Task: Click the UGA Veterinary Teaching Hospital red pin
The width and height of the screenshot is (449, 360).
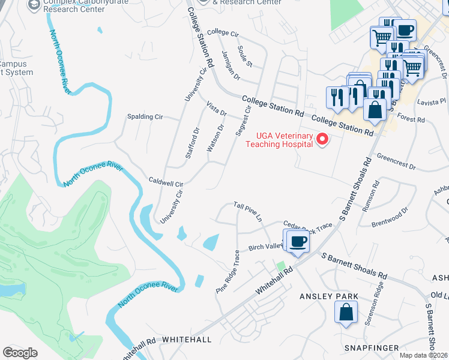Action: click(x=322, y=140)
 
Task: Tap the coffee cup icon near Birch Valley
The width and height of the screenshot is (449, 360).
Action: click(x=298, y=242)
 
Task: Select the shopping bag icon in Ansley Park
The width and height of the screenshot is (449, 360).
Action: click(x=346, y=312)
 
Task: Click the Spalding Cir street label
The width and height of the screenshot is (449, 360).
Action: click(x=146, y=116)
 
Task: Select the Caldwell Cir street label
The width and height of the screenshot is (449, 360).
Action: click(x=166, y=181)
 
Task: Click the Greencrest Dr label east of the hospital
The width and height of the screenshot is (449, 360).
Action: click(x=396, y=161)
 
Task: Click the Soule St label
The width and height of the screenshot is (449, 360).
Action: click(x=245, y=56)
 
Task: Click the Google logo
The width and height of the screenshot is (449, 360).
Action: click(x=20, y=353)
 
